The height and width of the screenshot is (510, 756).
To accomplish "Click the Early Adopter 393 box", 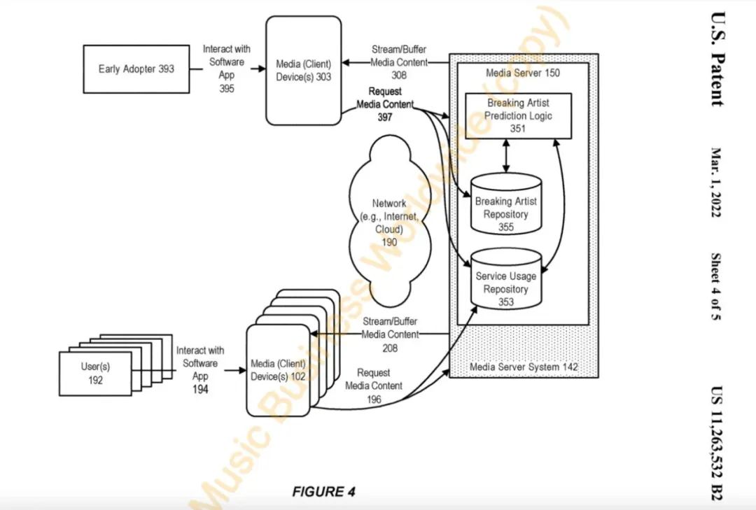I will tap(136, 69).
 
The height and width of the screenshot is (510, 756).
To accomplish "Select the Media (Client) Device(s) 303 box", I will tap(304, 71).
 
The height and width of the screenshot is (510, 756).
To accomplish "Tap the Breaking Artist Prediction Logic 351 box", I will tap(517, 115).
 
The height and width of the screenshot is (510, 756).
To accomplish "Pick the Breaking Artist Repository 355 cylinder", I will tap(506, 207).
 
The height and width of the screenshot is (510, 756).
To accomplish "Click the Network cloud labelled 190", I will tap(389, 216).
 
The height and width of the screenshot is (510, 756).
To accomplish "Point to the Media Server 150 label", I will tap(522, 73).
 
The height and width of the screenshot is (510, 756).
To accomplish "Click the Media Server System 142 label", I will tap(524, 367).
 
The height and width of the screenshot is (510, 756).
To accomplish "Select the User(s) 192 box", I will tap(96, 374).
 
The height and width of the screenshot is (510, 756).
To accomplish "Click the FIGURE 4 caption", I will tap(323, 492).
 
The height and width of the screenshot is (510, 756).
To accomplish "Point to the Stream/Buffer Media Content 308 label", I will tap(398, 62).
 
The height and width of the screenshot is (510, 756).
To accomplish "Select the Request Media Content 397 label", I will tap(385, 104).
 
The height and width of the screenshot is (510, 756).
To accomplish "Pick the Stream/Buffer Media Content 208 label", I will tap(390, 334).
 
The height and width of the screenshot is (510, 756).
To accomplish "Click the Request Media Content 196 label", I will tap(374, 385).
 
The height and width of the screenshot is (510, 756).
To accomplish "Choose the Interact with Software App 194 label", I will tap(200, 369).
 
